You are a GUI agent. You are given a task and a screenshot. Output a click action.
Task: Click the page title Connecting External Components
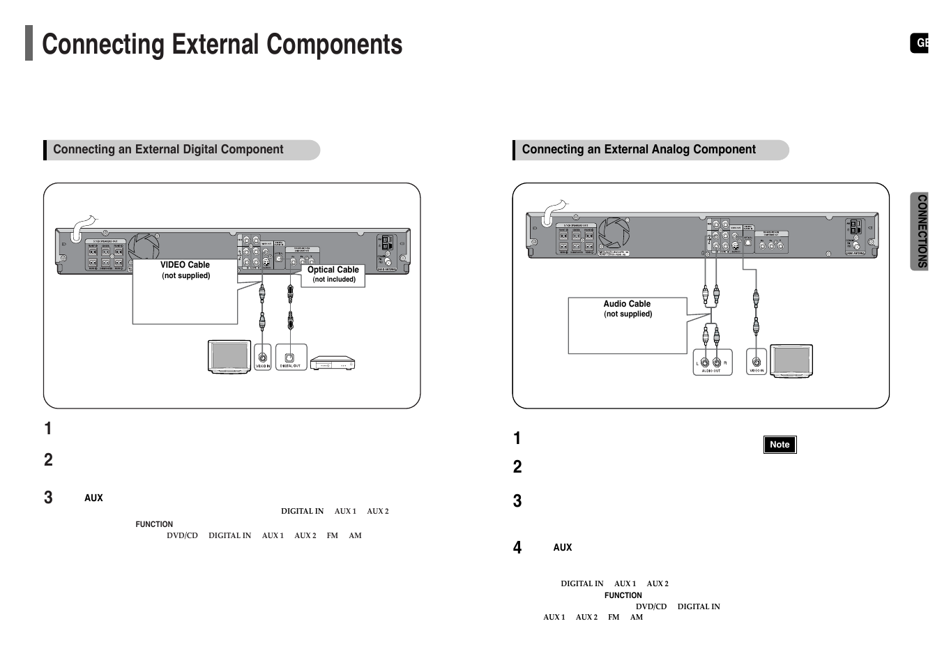tap(222, 45)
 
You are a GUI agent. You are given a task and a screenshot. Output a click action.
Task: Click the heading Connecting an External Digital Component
tap(168, 149)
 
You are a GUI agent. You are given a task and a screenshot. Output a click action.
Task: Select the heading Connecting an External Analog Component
tap(639, 149)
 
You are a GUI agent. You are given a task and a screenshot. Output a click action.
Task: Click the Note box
tap(780, 445)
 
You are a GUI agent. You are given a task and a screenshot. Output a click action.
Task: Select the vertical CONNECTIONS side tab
tap(921, 231)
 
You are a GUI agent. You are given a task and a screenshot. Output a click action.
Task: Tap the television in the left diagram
tap(229, 357)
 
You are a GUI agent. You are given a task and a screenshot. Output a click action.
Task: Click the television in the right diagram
tap(791, 361)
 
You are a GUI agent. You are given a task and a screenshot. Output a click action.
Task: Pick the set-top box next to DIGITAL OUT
tap(333, 363)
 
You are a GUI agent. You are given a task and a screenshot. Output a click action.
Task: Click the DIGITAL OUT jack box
tap(291, 358)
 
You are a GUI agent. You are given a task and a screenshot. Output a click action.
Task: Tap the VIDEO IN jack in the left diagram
tap(262, 358)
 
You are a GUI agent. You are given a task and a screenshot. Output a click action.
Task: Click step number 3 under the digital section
tap(48, 497)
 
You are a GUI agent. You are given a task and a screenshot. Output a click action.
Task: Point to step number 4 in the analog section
tap(517, 547)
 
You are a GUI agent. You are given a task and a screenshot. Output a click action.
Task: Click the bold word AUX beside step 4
tap(562, 548)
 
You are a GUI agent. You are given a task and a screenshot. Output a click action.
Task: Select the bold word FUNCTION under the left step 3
tap(154, 524)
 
